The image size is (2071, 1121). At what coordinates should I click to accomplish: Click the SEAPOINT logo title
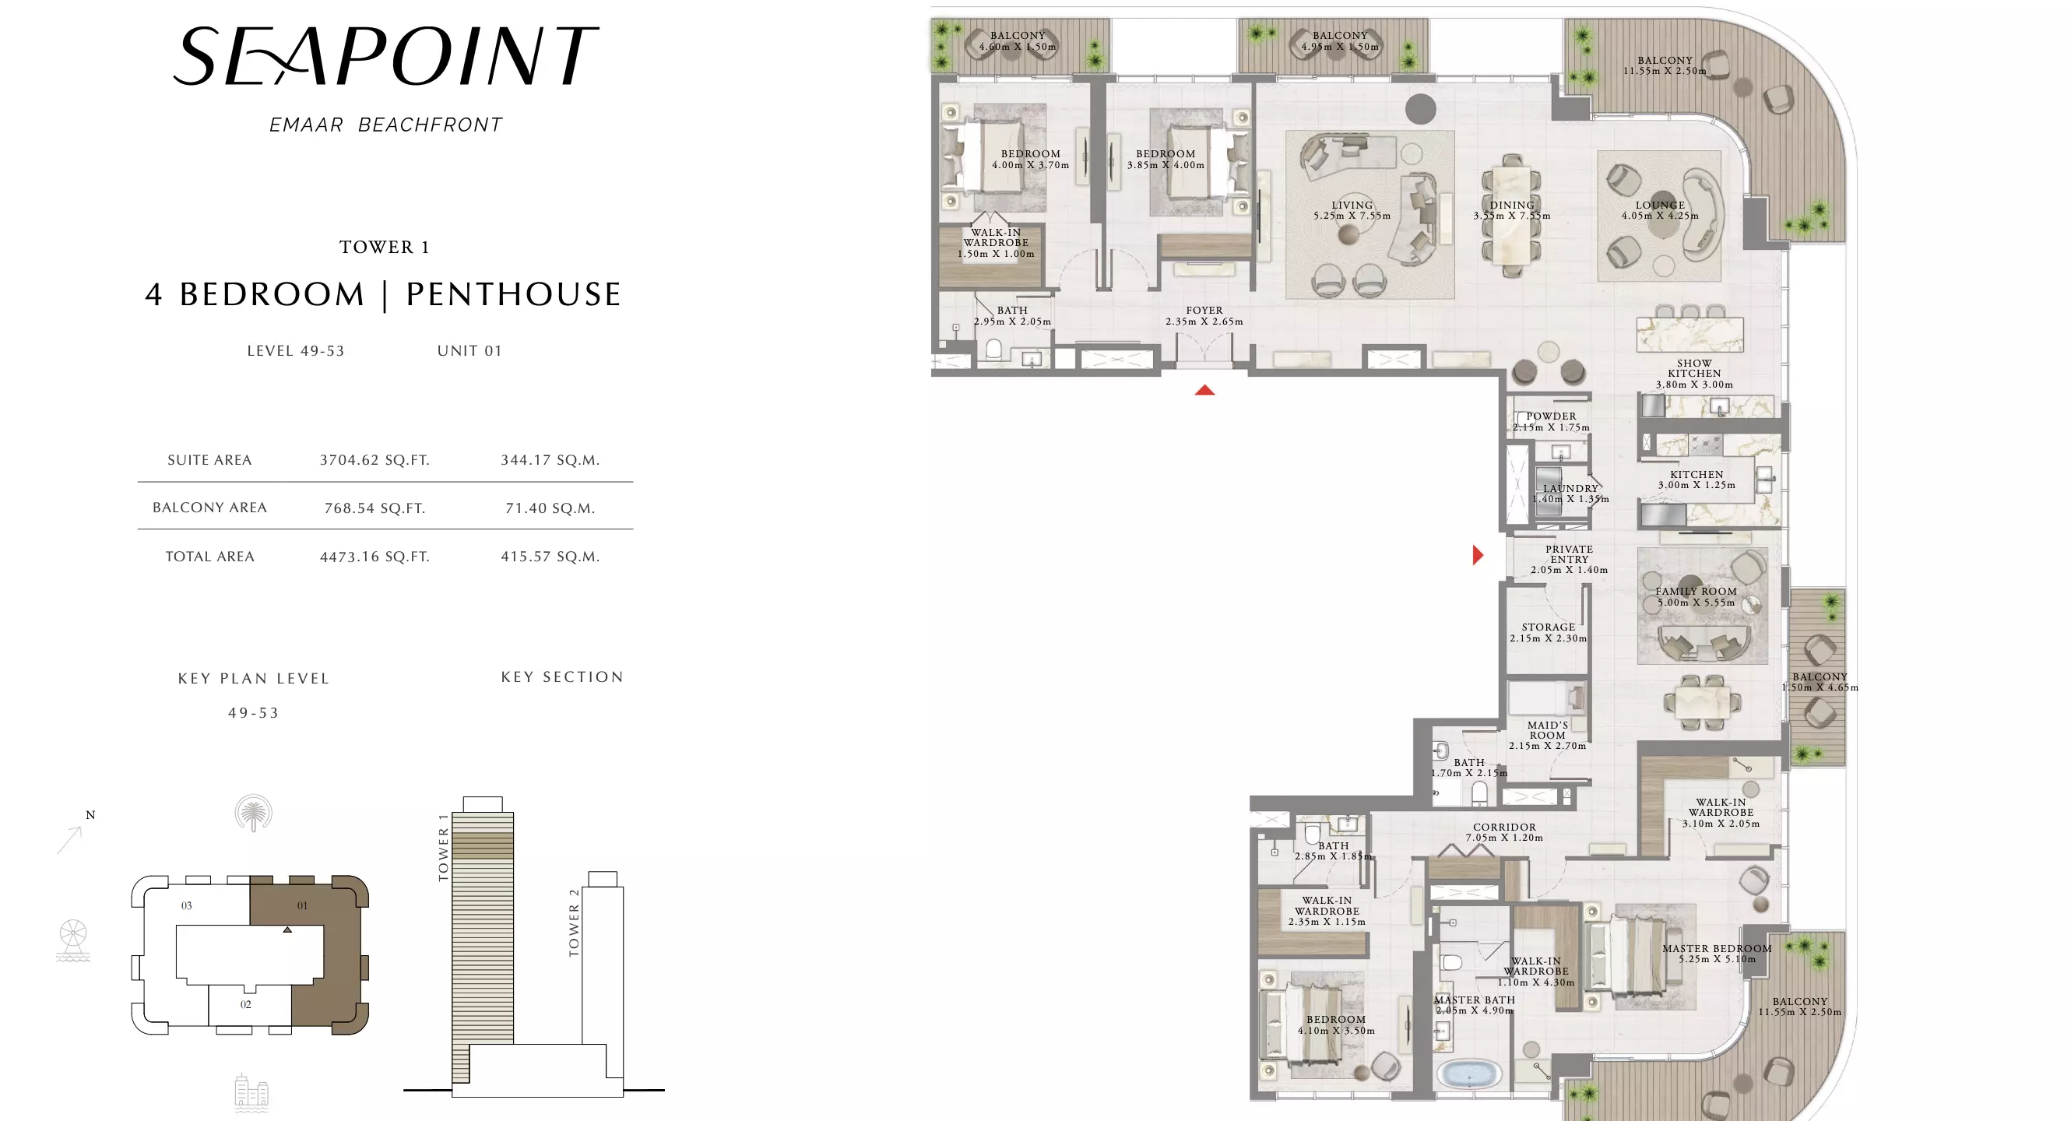386,55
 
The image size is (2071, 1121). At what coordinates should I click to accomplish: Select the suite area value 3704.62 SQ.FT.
374,460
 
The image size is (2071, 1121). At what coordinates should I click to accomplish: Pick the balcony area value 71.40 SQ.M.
550,508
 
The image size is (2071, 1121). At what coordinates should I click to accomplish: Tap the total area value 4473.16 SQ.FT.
374,557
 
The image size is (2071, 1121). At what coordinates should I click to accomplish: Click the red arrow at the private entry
1478,554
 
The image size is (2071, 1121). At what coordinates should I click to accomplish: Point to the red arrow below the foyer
1204,391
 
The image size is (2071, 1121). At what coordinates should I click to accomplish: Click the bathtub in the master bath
1469,1074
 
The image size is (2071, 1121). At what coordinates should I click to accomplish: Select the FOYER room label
1204,310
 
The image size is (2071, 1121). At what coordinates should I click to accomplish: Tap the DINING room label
1511,205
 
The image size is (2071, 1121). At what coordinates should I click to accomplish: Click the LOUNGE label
1659,205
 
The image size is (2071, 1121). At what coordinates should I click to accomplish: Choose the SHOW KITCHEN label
1694,368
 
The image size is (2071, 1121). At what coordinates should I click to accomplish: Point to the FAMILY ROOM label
1696,591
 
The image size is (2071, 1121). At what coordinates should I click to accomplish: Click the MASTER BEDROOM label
1717,948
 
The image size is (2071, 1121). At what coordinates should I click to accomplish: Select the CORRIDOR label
1504,827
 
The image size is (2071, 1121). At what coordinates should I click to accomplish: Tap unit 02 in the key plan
246,1004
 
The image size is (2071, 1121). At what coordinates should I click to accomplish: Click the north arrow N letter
91,815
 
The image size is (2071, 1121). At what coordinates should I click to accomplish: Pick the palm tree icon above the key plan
253,814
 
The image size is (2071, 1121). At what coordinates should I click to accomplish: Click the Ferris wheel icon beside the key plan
73,940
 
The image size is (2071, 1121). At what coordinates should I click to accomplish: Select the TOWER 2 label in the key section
574,922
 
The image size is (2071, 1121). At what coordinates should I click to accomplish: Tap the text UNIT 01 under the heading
469,351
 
